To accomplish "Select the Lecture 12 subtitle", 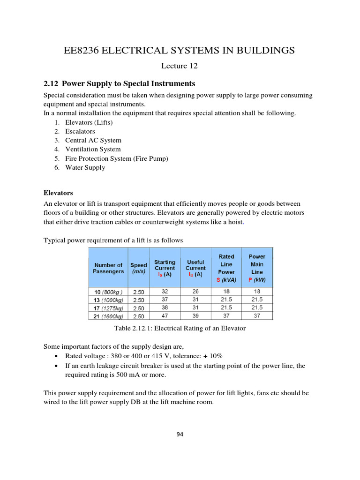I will point(180,66).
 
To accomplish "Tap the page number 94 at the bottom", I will point(180,434).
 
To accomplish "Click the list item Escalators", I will point(80,131).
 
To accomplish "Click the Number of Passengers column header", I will point(108,268).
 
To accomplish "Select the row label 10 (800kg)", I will point(108,292).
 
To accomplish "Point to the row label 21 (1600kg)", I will point(108,316).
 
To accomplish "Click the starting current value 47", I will point(165,316).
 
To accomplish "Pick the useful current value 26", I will point(195,292).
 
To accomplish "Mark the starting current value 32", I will point(165,292).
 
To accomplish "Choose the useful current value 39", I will point(195,316).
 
